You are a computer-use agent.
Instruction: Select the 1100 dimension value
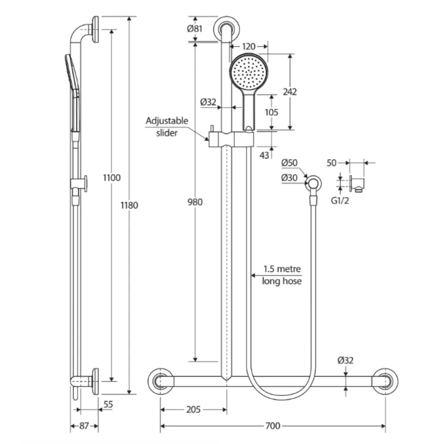click(111, 178)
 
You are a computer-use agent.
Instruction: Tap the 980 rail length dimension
click(195, 202)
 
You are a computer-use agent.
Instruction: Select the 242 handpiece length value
click(289, 92)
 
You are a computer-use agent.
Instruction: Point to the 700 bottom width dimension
click(272, 426)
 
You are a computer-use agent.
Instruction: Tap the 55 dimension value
click(107, 404)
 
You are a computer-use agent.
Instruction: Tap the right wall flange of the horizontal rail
click(385, 381)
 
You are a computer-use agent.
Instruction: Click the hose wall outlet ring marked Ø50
click(314, 182)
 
